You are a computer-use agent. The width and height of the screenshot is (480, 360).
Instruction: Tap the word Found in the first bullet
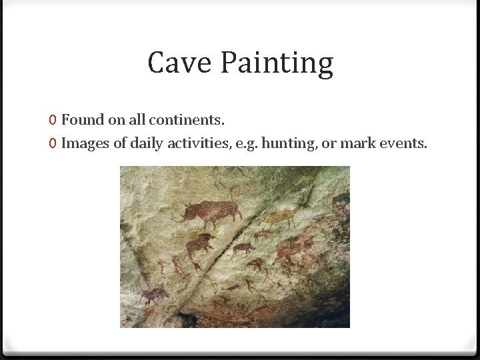[83, 120]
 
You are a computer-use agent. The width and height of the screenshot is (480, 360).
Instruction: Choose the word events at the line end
[402, 143]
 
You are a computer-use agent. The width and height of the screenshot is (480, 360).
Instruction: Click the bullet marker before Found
[52, 121]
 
